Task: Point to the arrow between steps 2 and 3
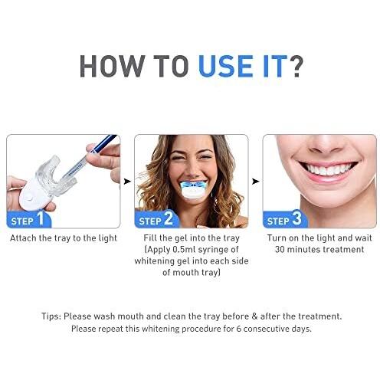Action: pyautogui.click(x=254, y=182)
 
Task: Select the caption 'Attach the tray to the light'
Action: pyautogui.click(x=62, y=238)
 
